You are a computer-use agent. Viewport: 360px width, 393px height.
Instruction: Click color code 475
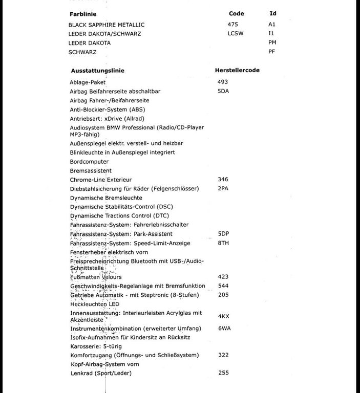[x=233, y=24]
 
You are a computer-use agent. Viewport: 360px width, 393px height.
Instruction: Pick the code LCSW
[x=236, y=33]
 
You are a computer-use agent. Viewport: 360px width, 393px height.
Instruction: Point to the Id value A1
[x=272, y=24]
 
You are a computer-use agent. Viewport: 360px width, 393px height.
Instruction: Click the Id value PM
[x=272, y=42]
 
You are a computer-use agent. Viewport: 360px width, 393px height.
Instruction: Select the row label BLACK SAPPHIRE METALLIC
[x=107, y=25]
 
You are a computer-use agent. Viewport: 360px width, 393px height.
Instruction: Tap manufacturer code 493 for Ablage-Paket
[x=223, y=82]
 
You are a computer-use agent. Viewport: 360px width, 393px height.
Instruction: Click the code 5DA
[x=223, y=91]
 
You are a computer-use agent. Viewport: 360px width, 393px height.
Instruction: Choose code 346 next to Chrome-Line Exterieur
[x=223, y=180]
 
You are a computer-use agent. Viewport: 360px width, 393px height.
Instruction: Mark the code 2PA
[x=223, y=189]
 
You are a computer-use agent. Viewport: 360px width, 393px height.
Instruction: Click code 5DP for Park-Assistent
[x=223, y=234]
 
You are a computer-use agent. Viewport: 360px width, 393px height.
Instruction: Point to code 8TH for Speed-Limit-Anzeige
[x=223, y=243]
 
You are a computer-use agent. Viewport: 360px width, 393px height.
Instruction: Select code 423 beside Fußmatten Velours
[x=223, y=277]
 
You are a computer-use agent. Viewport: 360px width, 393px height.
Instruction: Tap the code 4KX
[x=223, y=317]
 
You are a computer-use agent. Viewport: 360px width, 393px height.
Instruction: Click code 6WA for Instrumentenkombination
[x=224, y=328]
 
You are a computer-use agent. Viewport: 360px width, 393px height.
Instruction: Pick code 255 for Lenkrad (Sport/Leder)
[x=223, y=373]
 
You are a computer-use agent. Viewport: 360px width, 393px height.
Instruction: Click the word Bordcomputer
[x=89, y=162]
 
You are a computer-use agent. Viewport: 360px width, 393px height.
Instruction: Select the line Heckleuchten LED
[x=94, y=304]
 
